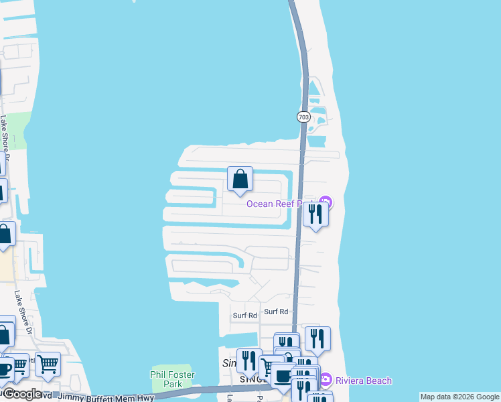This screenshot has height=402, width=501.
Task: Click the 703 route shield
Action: (x=303, y=117)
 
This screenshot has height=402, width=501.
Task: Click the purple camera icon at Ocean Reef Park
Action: (x=326, y=202)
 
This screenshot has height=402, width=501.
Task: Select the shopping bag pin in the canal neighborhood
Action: (x=240, y=180)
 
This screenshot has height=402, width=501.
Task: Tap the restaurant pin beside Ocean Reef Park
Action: (x=314, y=214)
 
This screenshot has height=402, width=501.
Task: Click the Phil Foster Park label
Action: (x=164, y=379)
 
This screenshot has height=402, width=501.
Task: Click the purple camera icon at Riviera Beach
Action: (x=326, y=379)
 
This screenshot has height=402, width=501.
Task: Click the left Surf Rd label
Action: (x=244, y=316)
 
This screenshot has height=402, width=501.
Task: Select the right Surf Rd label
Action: (x=275, y=312)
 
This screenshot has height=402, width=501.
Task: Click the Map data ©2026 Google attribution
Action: (x=459, y=397)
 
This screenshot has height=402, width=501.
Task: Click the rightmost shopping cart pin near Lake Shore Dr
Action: (x=48, y=364)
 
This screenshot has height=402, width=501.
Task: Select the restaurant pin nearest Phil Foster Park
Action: (x=249, y=360)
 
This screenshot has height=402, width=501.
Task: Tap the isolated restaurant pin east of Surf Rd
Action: (x=317, y=339)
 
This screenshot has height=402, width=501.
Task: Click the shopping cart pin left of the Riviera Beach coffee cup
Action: (x=269, y=366)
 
